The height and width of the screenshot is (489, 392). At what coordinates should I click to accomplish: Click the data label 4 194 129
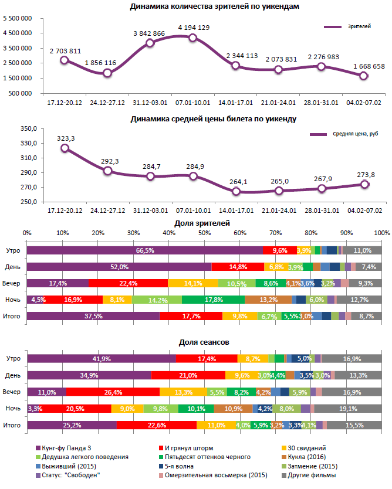(194, 28)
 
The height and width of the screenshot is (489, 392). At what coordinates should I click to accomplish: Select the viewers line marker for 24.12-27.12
(107, 73)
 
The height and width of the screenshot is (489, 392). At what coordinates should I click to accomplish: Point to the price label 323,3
(66, 138)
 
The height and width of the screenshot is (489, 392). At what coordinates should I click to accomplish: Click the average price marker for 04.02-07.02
(364, 184)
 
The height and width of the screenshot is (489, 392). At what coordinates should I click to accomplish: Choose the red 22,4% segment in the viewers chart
(128, 283)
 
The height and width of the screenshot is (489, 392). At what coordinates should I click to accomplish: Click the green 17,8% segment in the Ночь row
(213, 300)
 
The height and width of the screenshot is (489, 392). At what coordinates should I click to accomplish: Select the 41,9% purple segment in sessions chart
(102, 358)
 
